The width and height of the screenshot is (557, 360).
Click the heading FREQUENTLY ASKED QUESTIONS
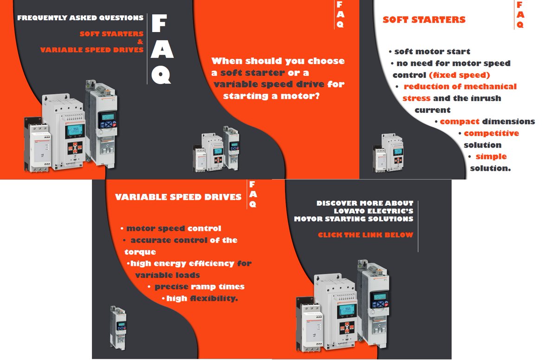[80, 18]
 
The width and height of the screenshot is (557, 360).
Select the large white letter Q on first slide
[162, 75]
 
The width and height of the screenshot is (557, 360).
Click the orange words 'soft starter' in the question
[253, 73]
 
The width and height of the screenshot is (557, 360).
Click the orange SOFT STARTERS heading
[424, 19]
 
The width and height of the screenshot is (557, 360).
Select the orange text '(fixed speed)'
[460, 75]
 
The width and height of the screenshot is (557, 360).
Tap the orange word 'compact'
[460, 122]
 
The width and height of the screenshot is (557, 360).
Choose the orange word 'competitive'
[491, 133]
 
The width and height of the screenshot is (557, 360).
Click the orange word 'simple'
[491, 156]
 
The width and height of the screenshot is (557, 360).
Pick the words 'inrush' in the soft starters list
[486, 98]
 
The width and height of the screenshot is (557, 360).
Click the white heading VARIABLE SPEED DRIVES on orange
[178, 197]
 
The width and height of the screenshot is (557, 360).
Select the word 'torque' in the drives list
[140, 252]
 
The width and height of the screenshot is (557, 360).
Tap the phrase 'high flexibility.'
[202, 298]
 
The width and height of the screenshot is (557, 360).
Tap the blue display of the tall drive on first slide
[108, 117]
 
